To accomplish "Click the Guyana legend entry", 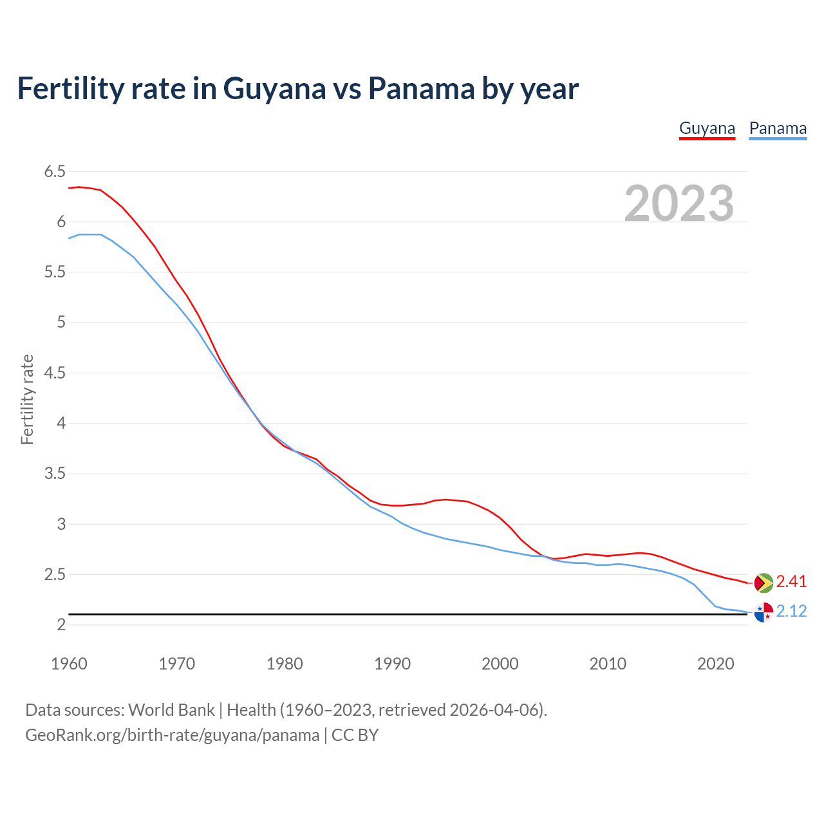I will pyautogui.click(x=707, y=128).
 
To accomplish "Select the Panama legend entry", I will pyautogui.click(x=778, y=128).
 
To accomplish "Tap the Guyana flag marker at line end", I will pyautogui.click(x=763, y=582).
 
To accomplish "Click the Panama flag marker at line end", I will pyautogui.click(x=763, y=612).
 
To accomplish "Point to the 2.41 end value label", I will pyautogui.click(x=791, y=582).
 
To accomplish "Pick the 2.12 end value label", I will pyautogui.click(x=791, y=611).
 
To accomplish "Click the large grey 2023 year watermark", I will pyautogui.click(x=679, y=203).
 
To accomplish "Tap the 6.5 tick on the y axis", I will pyautogui.click(x=55, y=171).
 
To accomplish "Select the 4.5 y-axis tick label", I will pyautogui.click(x=55, y=373).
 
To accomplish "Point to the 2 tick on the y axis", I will pyautogui.click(x=61, y=625).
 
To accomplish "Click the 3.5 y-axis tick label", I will pyautogui.click(x=55, y=474).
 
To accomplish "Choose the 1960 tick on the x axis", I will pyautogui.click(x=69, y=664).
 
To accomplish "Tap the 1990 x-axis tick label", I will pyautogui.click(x=392, y=664).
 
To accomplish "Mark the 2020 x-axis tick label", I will pyautogui.click(x=715, y=664).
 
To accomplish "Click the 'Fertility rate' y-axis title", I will pyautogui.click(x=27, y=399).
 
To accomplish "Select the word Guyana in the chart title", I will pyautogui.click(x=275, y=88).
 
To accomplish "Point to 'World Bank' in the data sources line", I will pyautogui.click(x=171, y=710).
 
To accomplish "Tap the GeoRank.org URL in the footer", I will pyautogui.click(x=172, y=735).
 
